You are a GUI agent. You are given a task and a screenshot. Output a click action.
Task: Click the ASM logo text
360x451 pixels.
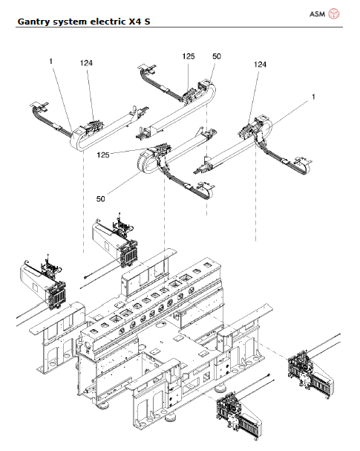pos(317,13)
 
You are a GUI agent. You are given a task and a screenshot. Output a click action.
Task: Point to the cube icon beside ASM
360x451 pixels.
pos(335,13)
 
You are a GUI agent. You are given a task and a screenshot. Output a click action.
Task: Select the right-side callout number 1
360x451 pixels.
pos(314,97)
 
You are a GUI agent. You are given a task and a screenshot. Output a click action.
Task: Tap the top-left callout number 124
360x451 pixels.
pos(86,63)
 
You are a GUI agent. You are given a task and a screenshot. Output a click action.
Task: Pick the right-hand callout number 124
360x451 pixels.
pos(260,65)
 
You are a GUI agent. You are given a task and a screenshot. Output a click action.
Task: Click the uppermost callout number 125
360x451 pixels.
pos(188,56)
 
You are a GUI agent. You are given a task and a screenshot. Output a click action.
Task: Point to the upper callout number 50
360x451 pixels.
pos(216,56)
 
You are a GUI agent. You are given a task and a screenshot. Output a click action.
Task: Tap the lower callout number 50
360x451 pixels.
pos(100,198)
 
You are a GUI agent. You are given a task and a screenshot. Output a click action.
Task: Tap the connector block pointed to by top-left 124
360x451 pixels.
pos(95,128)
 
